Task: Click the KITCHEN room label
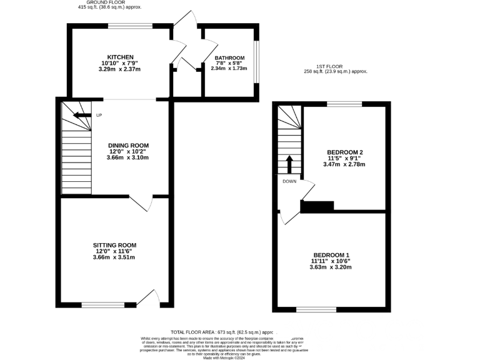[120, 57]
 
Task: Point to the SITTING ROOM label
[114, 245]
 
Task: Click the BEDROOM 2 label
[344, 152]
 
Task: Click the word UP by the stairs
[99, 115]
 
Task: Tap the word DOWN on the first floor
[289, 181]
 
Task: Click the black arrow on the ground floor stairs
[81, 115]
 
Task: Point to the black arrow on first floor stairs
[289, 166]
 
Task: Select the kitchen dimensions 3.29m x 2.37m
[120, 69]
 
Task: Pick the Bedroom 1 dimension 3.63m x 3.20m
[331, 267]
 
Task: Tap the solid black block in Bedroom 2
[317, 206]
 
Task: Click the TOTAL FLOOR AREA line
[222, 332]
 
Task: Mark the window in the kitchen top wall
[131, 26]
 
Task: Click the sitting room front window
[102, 305]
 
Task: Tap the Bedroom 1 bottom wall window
[316, 309]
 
